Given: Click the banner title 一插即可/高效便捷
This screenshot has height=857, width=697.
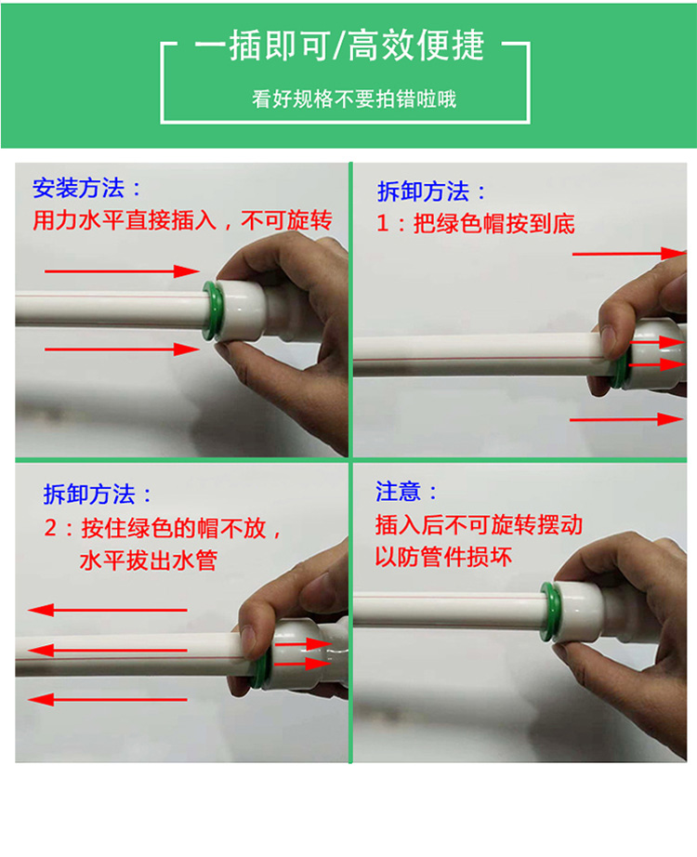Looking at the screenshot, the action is pos(339,45).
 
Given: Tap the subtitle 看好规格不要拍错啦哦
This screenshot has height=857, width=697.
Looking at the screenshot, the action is pos(354,99).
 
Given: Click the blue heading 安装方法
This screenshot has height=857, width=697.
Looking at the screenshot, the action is pos(79,188).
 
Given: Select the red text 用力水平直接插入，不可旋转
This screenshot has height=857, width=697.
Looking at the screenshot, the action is pos(182,220).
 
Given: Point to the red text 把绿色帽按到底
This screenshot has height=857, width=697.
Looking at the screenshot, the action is pos(494,223).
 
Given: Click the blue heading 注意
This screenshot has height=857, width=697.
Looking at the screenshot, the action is pos(398,492).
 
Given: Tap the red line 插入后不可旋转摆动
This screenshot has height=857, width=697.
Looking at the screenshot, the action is pos(479,524).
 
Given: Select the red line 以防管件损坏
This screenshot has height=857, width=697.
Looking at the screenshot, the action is pos(443,557).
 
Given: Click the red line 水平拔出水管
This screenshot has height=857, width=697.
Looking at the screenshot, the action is pos(149,560).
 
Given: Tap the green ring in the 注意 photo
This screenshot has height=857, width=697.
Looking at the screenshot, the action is pos(550,612).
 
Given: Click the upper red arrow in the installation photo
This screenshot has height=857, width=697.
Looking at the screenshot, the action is pos(122,271).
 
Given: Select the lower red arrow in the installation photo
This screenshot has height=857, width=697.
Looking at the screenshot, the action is pos(122,349).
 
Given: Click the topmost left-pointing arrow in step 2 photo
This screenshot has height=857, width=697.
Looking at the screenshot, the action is pos(107,610).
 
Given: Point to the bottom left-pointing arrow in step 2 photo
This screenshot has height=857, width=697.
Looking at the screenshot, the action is pos(107,699).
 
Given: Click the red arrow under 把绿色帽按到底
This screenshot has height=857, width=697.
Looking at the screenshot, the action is pos(628,254).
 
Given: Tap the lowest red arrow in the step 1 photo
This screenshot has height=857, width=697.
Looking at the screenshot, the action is pos(626,419).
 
